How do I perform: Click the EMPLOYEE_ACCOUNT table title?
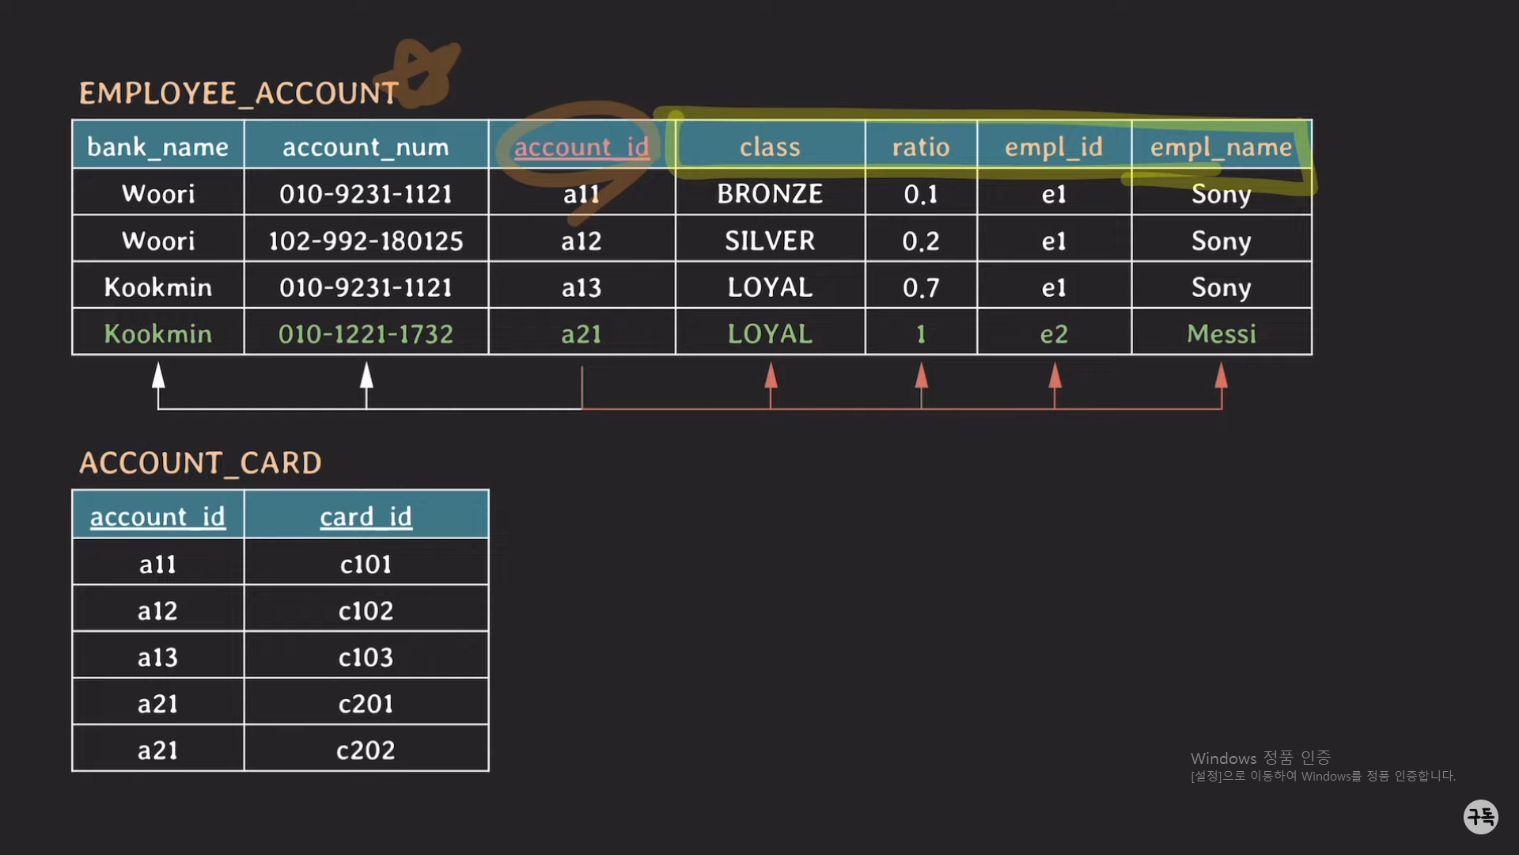(238, 93)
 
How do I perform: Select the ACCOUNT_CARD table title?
(200, 463)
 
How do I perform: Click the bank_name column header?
(157, 146)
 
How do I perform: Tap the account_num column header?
(366, 146)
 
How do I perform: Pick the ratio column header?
(921, 146)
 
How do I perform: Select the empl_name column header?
(1221, 146)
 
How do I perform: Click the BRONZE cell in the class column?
(770, 194)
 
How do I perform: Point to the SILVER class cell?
(770, 241)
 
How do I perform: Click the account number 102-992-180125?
(366, 241)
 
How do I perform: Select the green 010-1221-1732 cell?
(366, 334)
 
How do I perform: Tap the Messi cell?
(1221, 334)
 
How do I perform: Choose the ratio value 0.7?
(921, 287)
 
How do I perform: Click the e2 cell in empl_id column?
(1054, 334)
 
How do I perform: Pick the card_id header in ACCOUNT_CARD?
(366, 516)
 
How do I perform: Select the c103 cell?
(366, 657)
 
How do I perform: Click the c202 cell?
(366, 750)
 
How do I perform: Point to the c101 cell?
(366, 564)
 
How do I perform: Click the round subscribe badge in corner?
(1480, 816)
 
